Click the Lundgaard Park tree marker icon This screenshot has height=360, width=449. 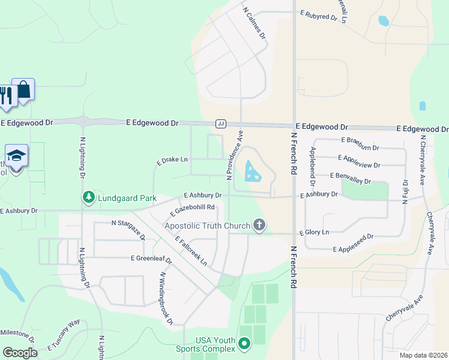point(88,197)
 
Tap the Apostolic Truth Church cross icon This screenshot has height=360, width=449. point(259,225)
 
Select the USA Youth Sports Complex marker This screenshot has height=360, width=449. point(244,344)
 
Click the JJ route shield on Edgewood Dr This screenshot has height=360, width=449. point(220,123)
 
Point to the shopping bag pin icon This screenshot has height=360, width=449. point(23,90)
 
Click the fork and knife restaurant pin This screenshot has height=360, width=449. point(7,96)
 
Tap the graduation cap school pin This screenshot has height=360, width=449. point(16,155)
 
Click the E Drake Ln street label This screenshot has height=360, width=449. point(172,161)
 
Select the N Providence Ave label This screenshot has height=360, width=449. point(235,157)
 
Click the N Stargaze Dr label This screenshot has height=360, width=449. point(128,227)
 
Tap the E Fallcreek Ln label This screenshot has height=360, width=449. point(191,250)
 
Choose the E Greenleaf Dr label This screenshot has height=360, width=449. point(151,259)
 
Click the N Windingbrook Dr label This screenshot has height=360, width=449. point(166,298)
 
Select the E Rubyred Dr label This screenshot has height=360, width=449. point(318,16)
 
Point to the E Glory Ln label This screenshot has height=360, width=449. point(314,232)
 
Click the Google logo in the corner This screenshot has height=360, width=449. point(20,352)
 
